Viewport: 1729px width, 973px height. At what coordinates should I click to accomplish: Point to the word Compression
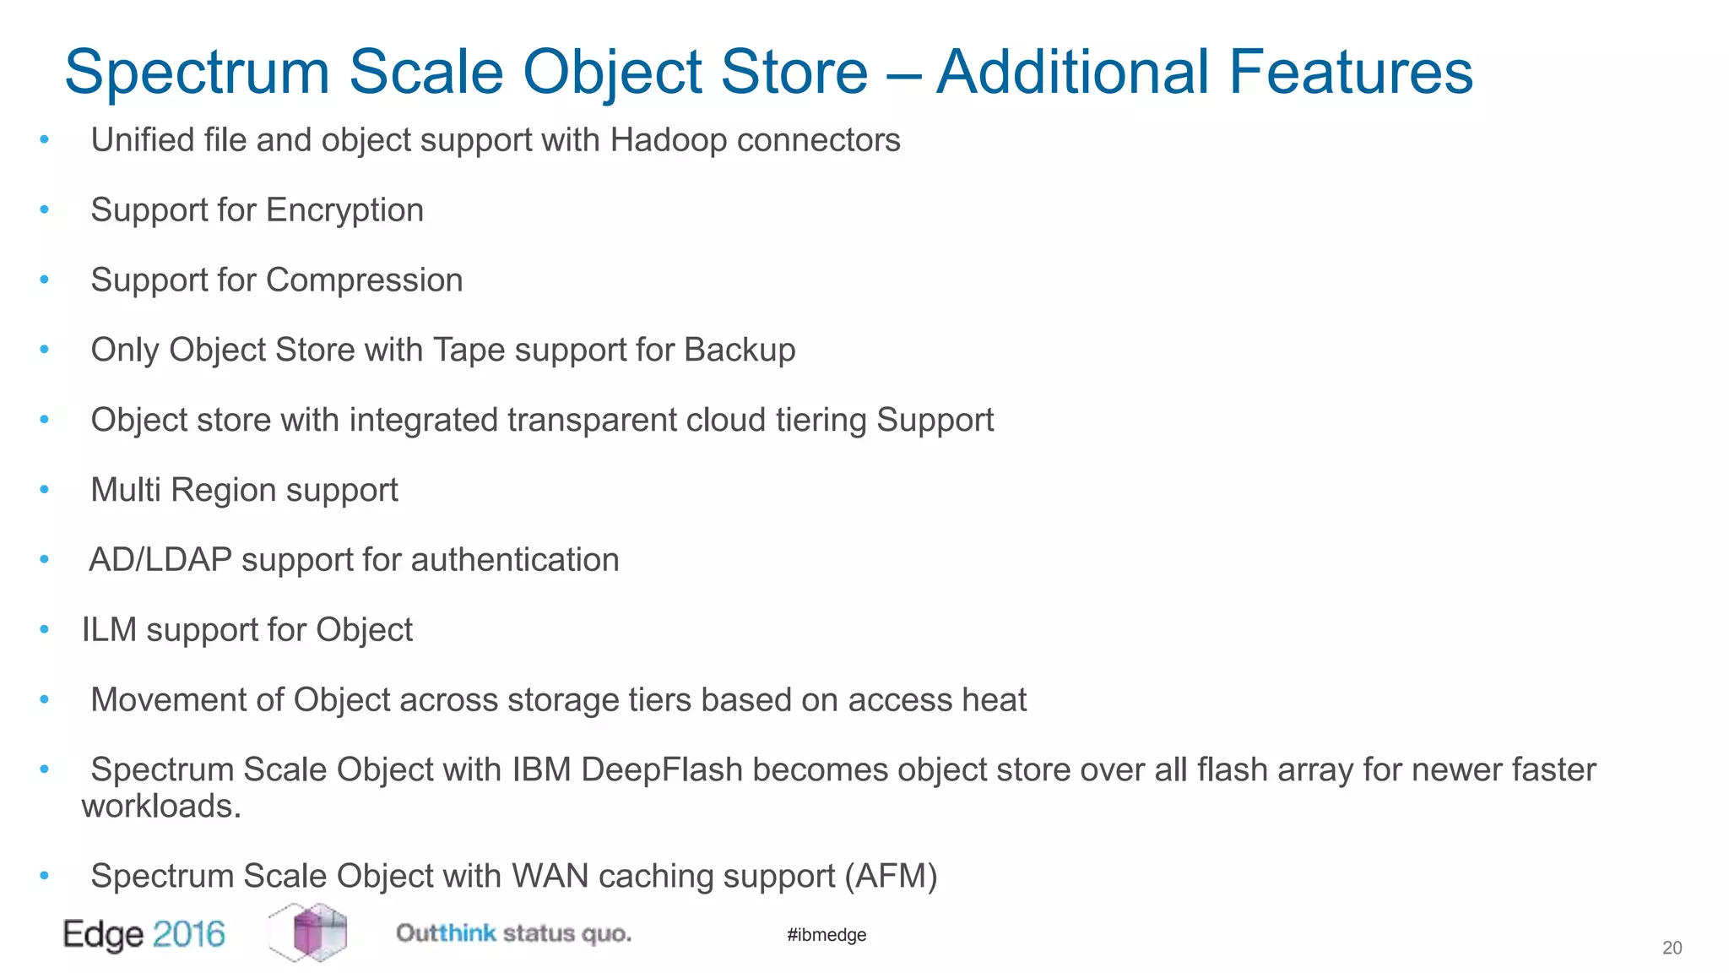[364, 280]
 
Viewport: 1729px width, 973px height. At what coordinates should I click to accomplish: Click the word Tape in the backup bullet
[469, 351]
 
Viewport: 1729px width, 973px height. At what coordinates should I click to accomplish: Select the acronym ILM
[109, 630]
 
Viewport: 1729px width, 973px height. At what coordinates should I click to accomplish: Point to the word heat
[997, 700]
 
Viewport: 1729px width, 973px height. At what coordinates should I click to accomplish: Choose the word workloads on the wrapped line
[161, 807]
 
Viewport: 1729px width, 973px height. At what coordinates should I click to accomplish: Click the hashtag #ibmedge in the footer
[827, 935]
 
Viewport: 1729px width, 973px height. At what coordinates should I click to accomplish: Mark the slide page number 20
[1672, 949]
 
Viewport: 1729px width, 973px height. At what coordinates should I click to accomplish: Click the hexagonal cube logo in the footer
[309, 932]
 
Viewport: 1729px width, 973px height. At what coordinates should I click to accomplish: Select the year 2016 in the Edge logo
[189, 934]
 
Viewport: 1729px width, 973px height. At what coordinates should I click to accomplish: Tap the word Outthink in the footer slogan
[446, 933]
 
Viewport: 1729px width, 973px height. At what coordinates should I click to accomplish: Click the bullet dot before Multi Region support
[45, 489]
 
